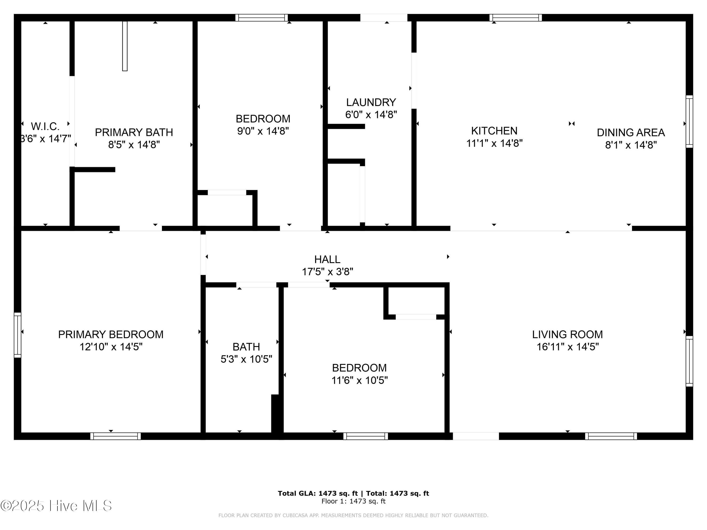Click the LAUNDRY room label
[371, 102]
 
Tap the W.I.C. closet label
[45, 126]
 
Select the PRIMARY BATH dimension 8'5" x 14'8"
[134, 145]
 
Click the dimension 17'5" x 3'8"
[327, 272]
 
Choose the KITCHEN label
[494, 131]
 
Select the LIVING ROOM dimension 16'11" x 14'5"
[567, 347]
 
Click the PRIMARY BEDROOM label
[111, 334]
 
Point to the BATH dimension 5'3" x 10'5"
[246, 359]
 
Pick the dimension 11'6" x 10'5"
[359, 380]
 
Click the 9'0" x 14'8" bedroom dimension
[263, 131]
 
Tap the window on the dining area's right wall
[689, 121]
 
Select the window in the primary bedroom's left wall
[18, 335]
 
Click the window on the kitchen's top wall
[516, 18]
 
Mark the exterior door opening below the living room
[476, 436]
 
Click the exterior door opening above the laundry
[383, 18]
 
